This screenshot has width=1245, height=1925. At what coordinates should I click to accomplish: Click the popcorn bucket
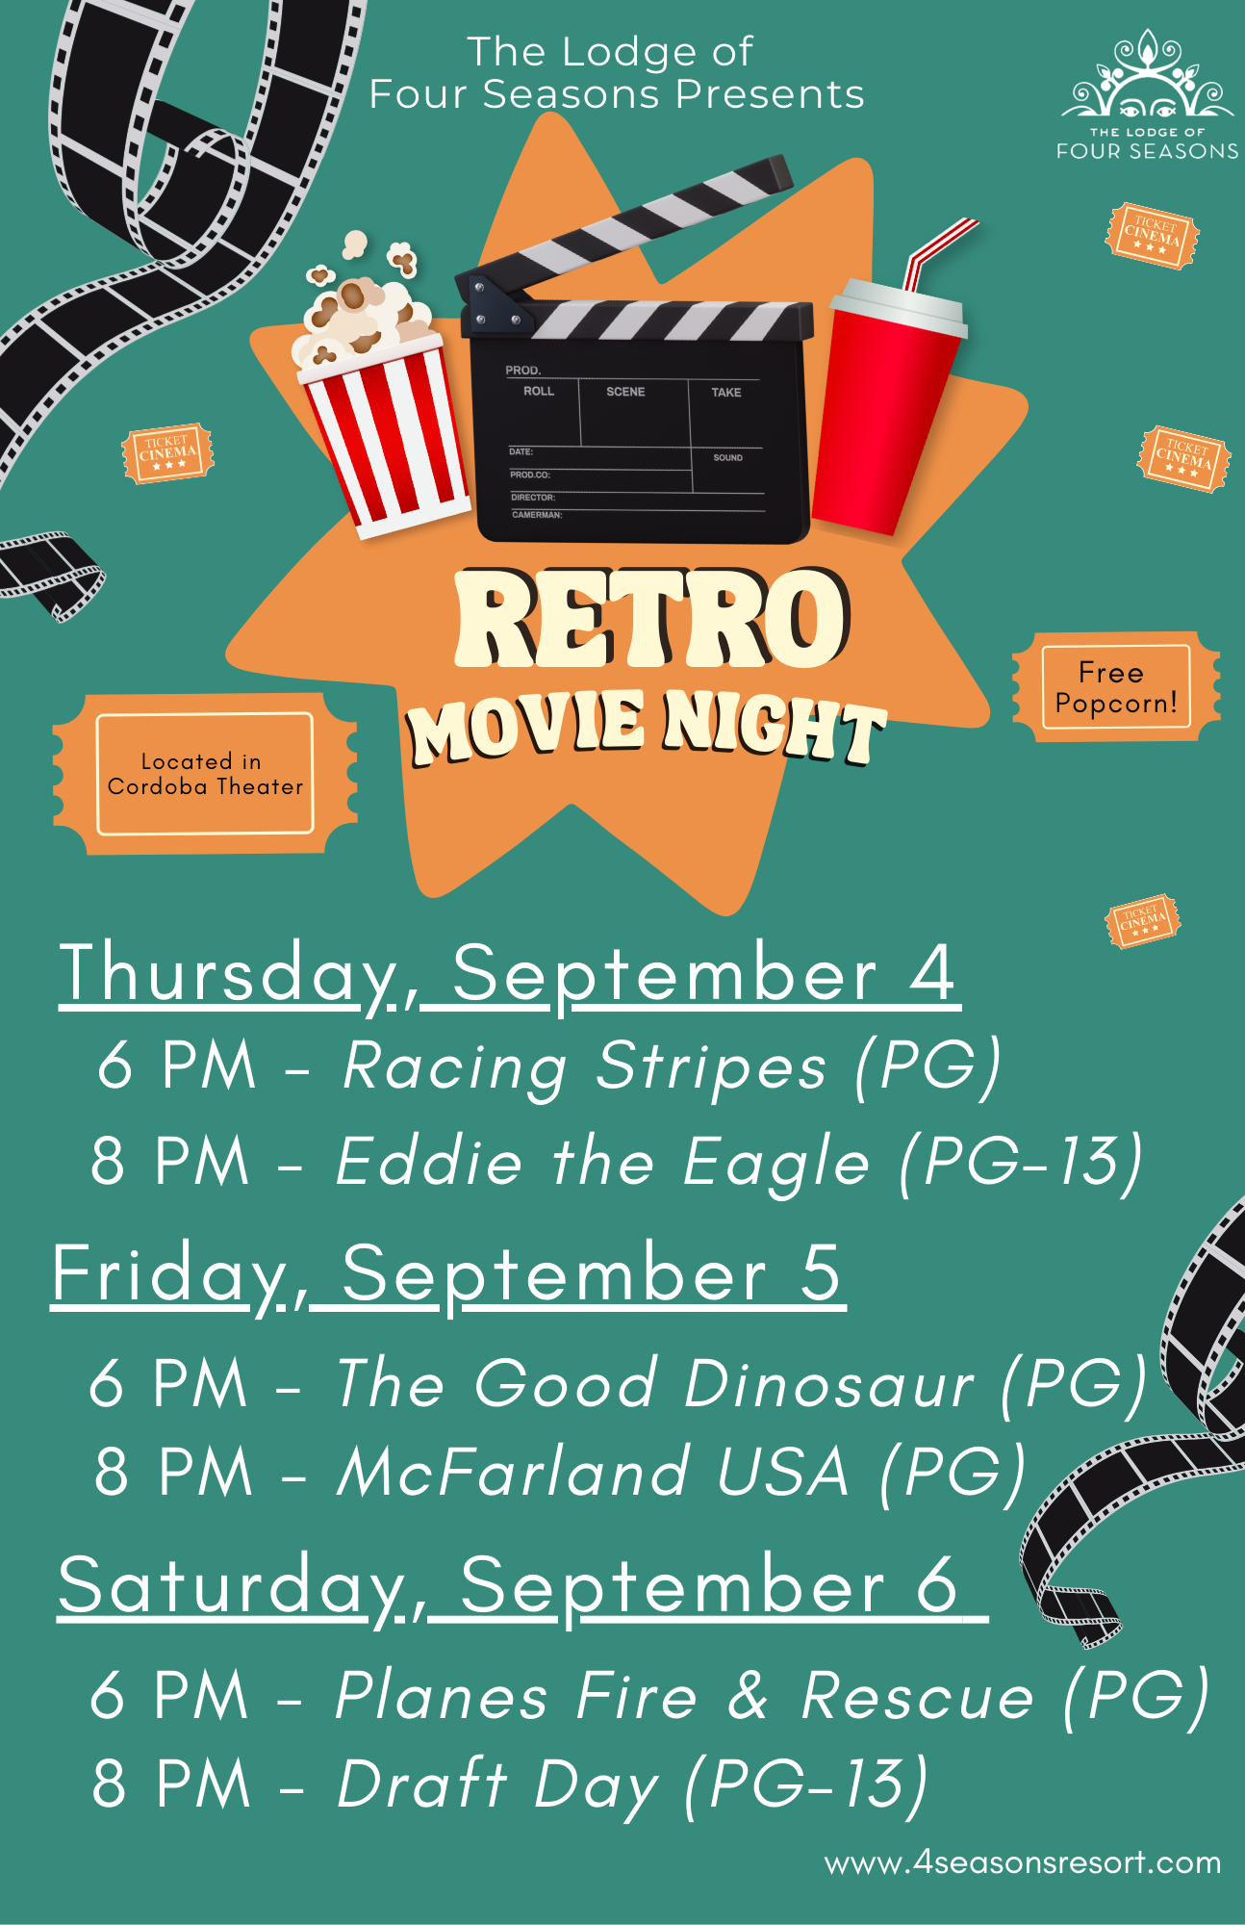pyautogui.click(x=381, y=404)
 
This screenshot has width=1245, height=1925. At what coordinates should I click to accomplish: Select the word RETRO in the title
pyautogui.click(x=652, y=619)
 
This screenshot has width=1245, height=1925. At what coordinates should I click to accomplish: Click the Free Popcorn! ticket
pyautogui.click(x=1116, y=687)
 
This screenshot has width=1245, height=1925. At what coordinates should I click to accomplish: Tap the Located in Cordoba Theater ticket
pyautogui.click(x=205, y=774)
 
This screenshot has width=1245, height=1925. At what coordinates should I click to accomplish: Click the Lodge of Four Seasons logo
pyautogui.click(x=1147, y=94)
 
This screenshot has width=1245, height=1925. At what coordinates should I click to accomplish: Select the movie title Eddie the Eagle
pyautogui.click(x=602, y=1161)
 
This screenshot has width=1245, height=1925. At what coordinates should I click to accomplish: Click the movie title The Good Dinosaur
pyautogui.click(x=655, y=1383)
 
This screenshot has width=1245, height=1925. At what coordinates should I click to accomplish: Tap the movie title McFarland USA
pyautogui.click(x=593, y=1472)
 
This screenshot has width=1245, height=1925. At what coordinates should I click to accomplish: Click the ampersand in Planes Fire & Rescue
pyautogui.click(x=748, y=1695)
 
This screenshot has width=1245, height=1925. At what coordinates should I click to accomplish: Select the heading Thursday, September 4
pyautogui.click(x=510, y=974)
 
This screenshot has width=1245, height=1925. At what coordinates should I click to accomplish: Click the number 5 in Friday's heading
pyautogui.click(x=821, y=1272)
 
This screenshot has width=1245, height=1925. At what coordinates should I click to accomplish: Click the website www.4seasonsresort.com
pyautogui.click(x=1023, y=1863)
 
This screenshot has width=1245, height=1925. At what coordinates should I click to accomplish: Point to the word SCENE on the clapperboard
pyautogui.click(x=625, y=392)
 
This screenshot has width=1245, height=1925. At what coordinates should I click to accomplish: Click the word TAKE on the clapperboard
pyautogui.click(x=726, y=393)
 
